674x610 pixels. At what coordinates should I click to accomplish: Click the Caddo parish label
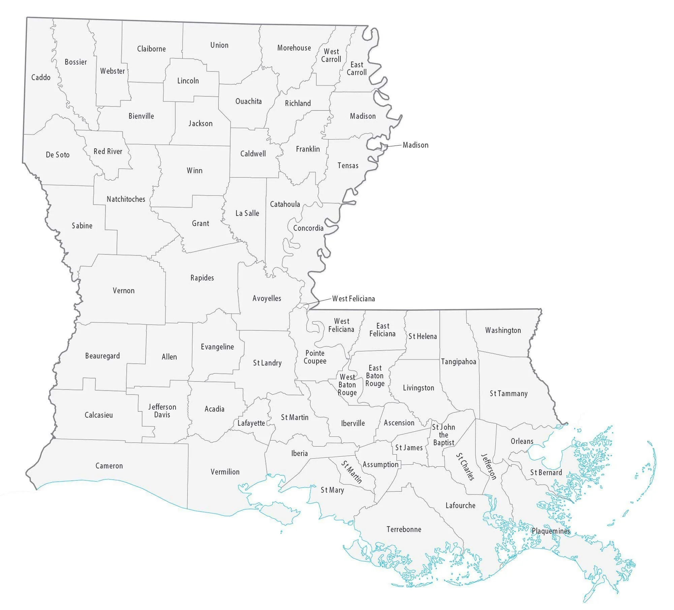click(41, 78)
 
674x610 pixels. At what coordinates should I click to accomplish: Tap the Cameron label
click(109, 466)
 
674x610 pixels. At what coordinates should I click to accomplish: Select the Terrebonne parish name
click(404, 529)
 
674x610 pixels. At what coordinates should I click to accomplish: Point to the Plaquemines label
click(551, 531)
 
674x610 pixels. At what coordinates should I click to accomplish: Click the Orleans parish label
click(522, 441)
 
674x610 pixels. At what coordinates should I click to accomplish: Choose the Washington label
click(503, 330)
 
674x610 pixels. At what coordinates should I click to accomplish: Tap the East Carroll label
click(357, 68)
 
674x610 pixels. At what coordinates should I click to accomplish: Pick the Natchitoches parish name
click(126, 199)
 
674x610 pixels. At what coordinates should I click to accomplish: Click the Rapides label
click(202, 278)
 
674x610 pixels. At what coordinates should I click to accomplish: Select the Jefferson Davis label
click(162, 410)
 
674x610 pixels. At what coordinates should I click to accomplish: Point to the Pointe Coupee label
click(315, 357)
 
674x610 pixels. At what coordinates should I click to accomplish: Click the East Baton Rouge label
click(375, 375)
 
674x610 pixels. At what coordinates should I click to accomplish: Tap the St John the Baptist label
click(443, 435)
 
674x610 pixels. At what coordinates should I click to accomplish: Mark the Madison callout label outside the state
click(416, 145)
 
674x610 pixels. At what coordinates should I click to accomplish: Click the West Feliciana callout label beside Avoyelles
click(354, 299)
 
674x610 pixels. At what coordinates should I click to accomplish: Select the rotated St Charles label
click(465, 466)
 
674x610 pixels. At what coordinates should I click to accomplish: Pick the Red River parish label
click(108, 151)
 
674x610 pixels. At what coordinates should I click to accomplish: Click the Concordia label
click(308, 228)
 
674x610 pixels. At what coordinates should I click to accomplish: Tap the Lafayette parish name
click(251, 423)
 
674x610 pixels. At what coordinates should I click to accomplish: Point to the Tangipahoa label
click(458, 362)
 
